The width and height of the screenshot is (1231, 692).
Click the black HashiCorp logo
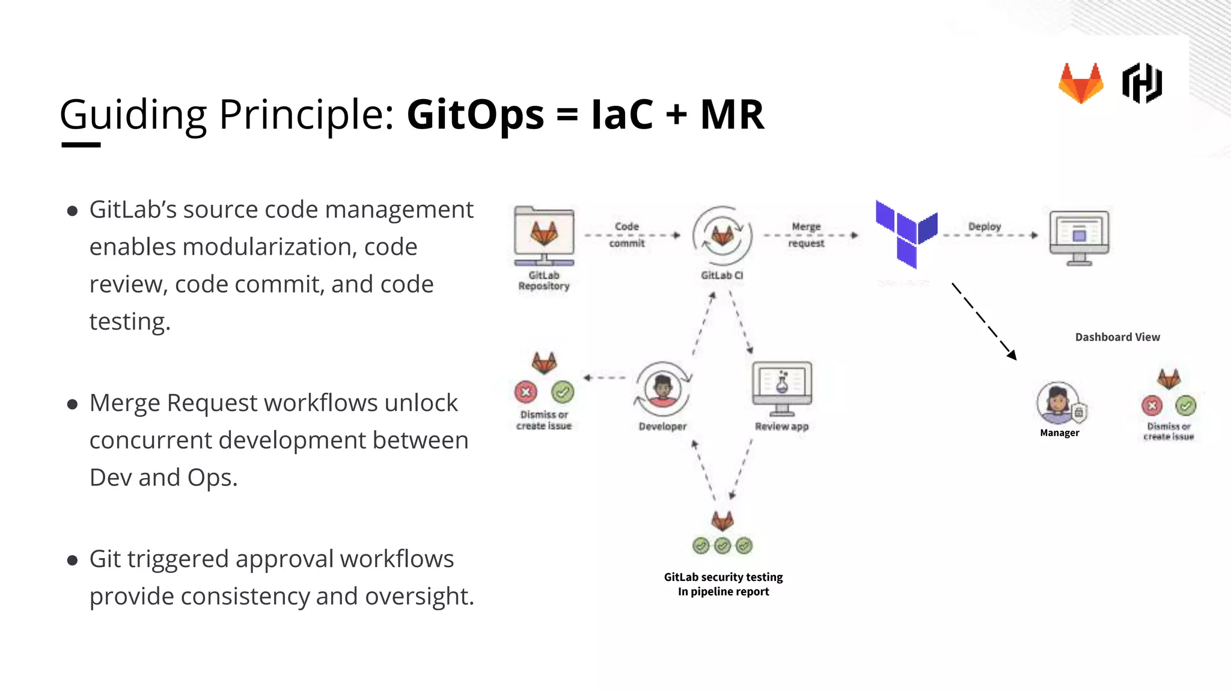click(x=1142, y=83)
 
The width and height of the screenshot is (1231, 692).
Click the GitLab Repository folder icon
click(x=544, y=235)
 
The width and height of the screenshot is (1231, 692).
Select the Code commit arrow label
click(x=626, y=235)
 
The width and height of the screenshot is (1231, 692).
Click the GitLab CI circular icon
click(x=722, y=235)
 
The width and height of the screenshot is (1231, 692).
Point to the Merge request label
click(x=806, y=235)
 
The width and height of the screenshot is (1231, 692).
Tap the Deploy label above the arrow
click(x=985, y=226)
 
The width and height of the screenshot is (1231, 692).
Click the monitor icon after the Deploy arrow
click(x=1079, y=237)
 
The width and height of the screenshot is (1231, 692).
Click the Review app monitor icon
click(x=782, y=387)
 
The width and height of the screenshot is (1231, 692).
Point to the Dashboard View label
click(x=1117, y=337)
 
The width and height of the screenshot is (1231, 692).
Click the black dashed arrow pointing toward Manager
click(x=984, y=321)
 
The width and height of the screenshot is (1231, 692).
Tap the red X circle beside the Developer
click(x=526, y=392)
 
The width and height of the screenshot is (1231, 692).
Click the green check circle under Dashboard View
click(x=1186, y=405)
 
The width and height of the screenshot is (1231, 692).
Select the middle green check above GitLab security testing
click(x=722, y=545)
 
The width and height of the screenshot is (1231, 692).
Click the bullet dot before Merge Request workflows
click(x=73, y=404)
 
